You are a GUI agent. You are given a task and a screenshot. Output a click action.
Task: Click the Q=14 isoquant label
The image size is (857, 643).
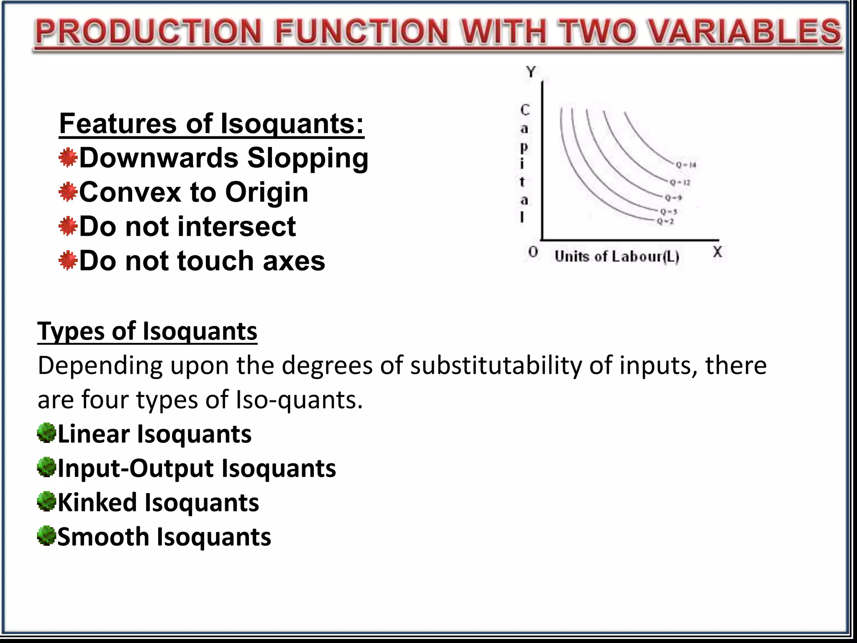[x=686, y=165]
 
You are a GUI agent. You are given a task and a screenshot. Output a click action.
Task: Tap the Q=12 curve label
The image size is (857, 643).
[x=680, y=183]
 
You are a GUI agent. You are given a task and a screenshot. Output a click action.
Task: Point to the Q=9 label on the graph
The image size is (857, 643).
[x=674, y=198]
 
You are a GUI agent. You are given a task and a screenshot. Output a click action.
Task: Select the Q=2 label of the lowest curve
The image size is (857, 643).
[x=665, y=221]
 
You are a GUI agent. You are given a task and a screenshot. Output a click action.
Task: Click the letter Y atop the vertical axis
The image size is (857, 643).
[x=531, y=72]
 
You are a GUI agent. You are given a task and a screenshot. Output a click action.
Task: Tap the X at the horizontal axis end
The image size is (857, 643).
[x=717, y=252]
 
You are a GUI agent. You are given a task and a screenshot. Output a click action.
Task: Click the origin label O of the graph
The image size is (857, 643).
[x=533, y=252]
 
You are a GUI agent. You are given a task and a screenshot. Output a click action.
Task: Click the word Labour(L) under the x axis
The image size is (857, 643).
[x=645, y=257]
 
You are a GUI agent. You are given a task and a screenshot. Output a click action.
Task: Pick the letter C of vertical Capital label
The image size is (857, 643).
[x=525, y=110]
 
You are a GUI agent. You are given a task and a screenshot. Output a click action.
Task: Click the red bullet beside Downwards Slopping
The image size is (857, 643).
[x=68, y=158]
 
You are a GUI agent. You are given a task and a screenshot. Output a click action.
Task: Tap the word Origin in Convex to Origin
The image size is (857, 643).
[x=267, y=192]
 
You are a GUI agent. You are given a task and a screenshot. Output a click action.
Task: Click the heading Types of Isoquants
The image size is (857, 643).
[x=147, y=331]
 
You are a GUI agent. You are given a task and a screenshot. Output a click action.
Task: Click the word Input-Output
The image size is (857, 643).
[x=136, y=468]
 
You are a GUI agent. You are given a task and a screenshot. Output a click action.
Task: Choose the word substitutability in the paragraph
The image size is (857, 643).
[x=496, y=365]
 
